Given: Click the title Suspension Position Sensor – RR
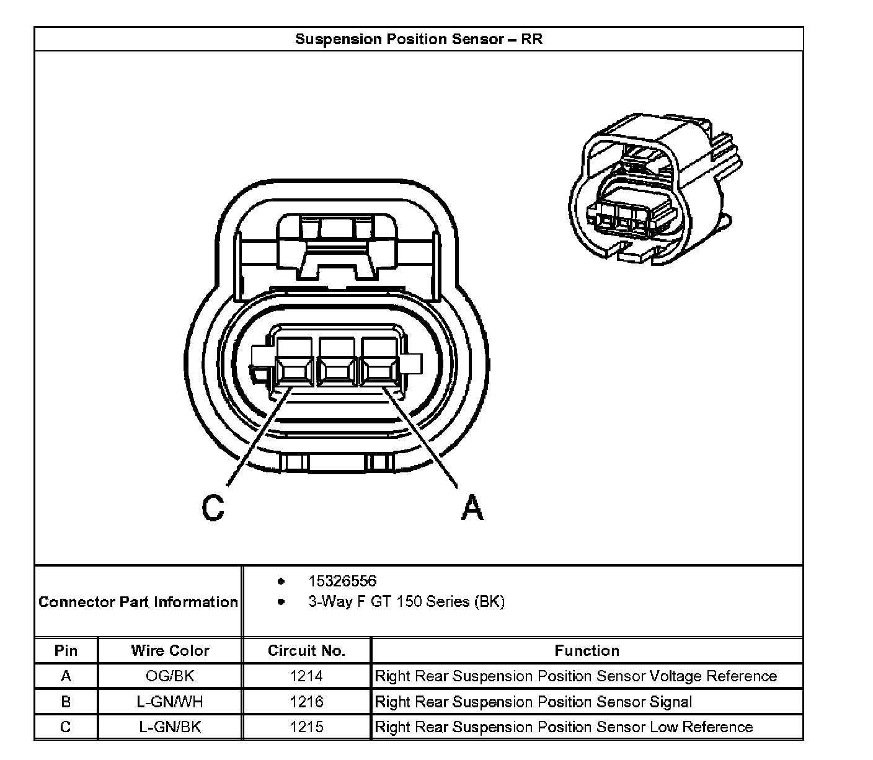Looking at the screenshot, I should [x=419, y=39].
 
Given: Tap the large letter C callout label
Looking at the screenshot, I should [x=213, y=508].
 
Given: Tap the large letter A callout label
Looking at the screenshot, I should [x=472, y=508].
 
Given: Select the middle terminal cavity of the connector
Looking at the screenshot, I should [x=335, y=370].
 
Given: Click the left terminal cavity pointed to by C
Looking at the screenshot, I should [x=294, y=370].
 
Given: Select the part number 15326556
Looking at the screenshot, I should [x=342, y=581].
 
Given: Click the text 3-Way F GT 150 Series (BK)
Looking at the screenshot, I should [x=406, y=601].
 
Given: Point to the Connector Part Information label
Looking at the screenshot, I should [x=138, y=602].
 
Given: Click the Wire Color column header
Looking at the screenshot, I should [x=170, y=650].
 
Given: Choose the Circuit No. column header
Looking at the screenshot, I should [x=306, y=650].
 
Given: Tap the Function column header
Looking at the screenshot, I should [x=587, y=650].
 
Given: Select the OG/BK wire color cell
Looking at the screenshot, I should [x=170, y=676].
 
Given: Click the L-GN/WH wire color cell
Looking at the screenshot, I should [x=170, y=702].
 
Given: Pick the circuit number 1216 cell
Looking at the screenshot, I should [x=306, y=702].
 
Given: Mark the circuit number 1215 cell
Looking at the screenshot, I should [x=306, y=727].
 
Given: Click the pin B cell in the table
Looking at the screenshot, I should [x=66, y=702].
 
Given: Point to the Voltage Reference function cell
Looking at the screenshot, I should [x=575, y=676].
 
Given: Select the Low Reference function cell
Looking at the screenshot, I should [x=564, y=727].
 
